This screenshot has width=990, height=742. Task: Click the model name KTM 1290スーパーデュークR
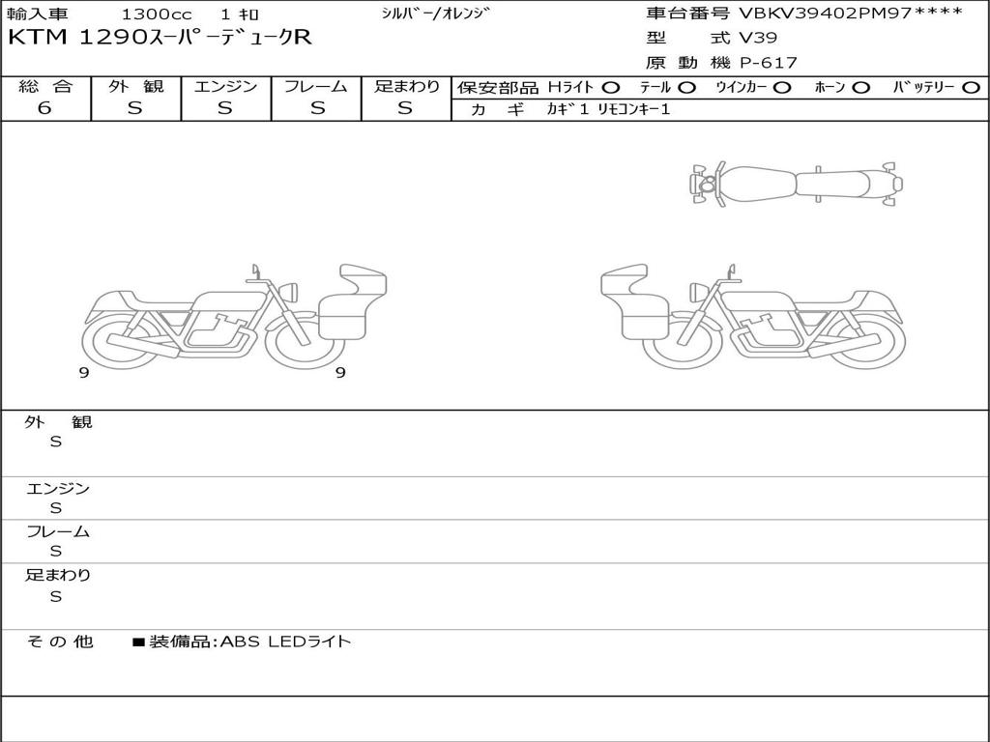coord(160,38)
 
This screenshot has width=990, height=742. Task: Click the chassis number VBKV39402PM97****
coord(851,13)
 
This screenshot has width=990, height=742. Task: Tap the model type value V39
coord(758,38)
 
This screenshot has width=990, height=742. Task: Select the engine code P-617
coord(768,63)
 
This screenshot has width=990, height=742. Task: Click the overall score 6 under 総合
coord(44,108)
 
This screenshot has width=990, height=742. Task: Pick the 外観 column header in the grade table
coord(135,86)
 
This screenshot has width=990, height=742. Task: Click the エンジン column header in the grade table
coord(225,86)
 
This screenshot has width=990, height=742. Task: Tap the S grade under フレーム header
coord(317,108)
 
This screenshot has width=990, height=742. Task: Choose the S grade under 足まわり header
coord(405,108)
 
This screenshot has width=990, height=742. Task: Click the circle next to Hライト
coord(611,88)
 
